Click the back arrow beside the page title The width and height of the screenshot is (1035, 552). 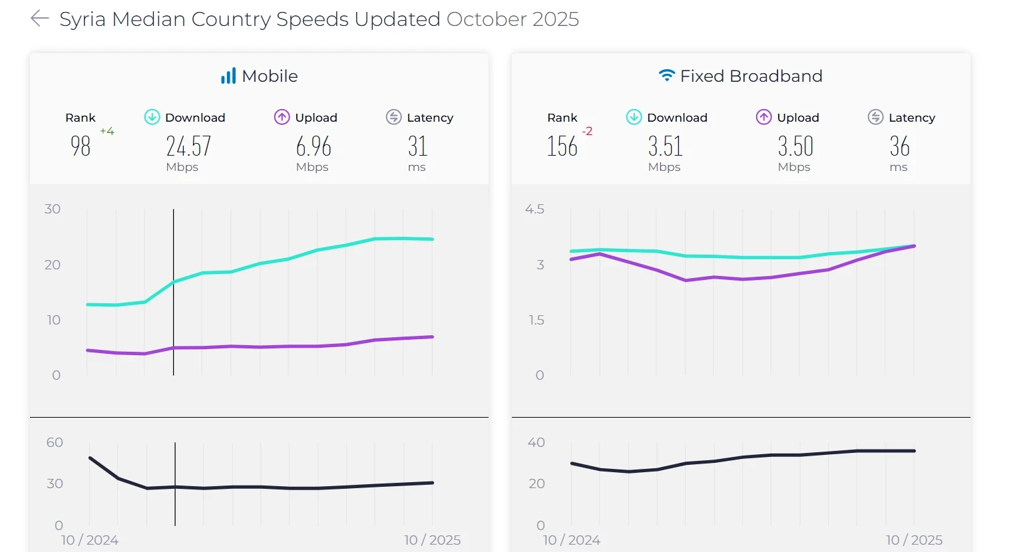[x=40, y=19]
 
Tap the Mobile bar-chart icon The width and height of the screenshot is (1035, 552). [x=228, y=76]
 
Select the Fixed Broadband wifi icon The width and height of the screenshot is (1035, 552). [x=666, y=76]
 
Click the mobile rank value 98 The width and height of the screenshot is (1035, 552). [x=81, y=146]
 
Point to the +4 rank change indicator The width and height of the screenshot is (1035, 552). [x=107, y=132]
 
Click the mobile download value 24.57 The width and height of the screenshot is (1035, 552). [x=188, y=146]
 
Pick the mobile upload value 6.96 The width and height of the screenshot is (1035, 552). [x=313, y=146]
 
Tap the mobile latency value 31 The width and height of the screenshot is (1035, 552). [x=417, y=146]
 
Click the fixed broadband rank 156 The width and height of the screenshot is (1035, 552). [x=562, y=146]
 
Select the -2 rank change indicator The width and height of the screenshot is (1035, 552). [x=587, y=132]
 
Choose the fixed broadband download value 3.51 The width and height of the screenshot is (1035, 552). [x=666, y=146]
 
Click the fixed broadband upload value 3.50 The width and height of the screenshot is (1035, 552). [x=795, y=146]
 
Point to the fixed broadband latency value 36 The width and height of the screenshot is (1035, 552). [x=899, y=146]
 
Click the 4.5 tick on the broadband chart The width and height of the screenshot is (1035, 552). [x=534, y=209]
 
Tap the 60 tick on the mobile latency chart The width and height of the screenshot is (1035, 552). [x=55, y=443]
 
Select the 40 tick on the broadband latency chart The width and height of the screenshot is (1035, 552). [x=536, y=443]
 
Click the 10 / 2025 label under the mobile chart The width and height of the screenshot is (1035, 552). [x=432, y=540]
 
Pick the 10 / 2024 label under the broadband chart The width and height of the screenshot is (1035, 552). [x=572, y=540]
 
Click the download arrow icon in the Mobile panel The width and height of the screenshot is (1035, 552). [x=152, y=118]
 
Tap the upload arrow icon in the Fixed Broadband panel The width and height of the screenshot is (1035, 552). [x=763, y=118]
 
